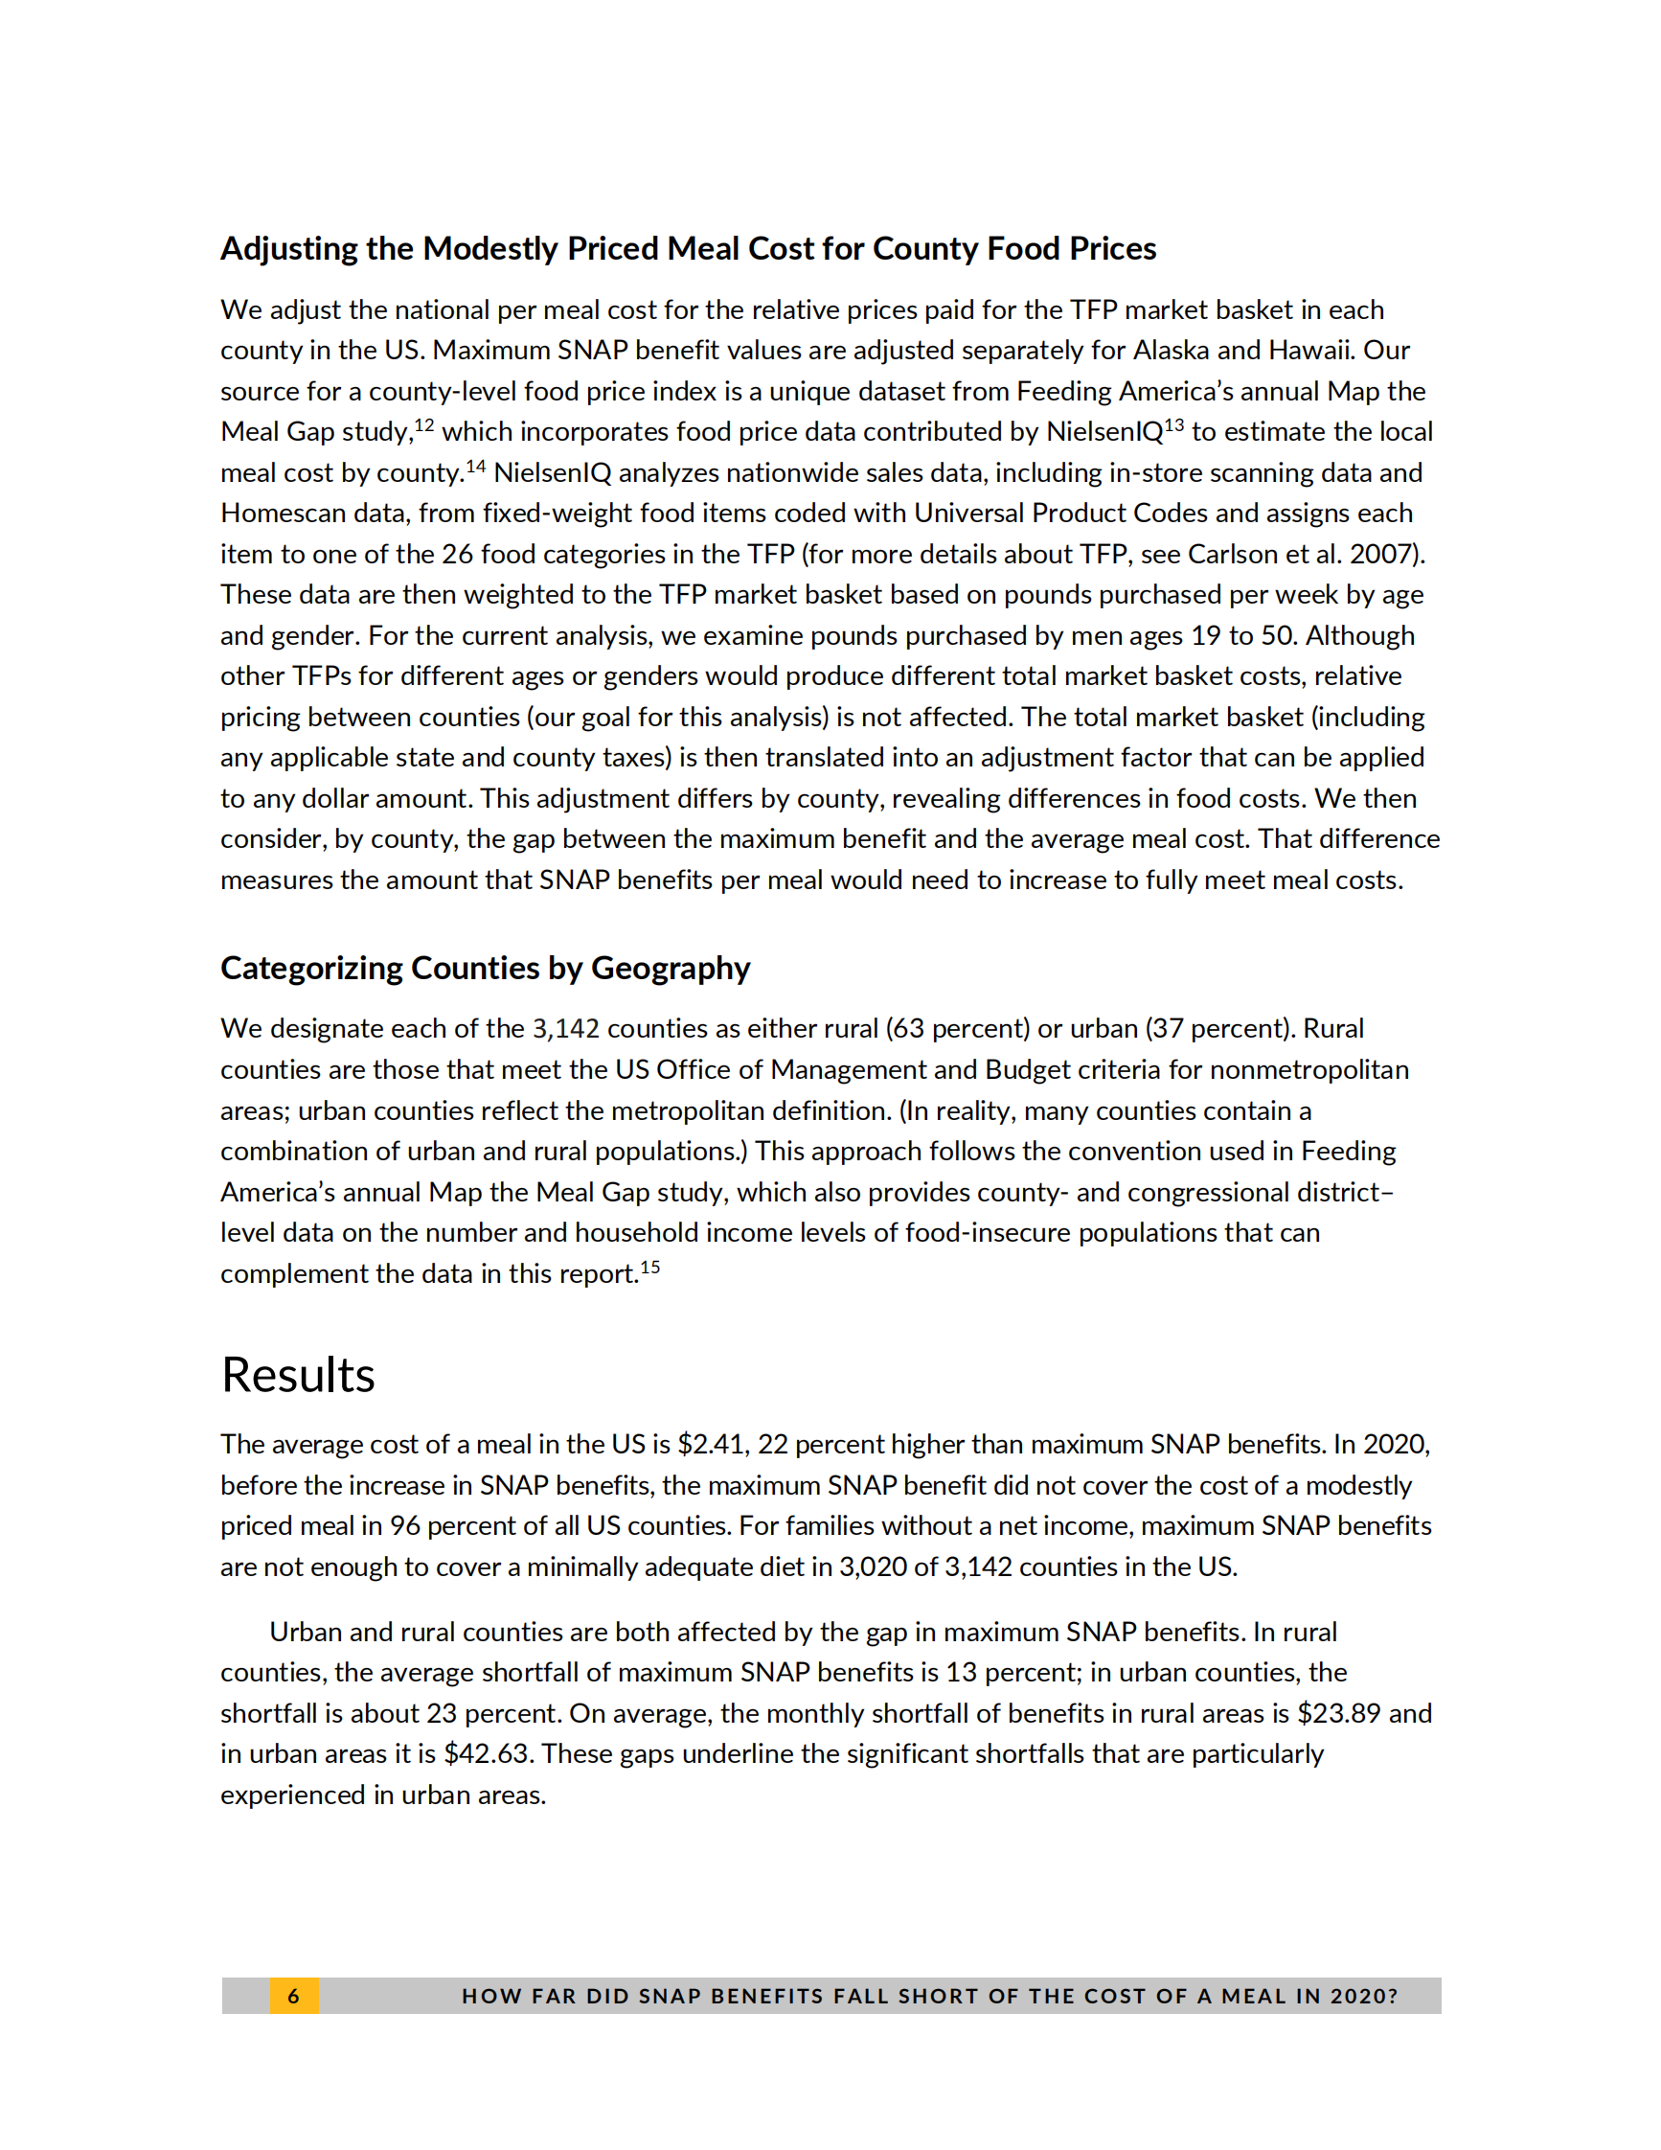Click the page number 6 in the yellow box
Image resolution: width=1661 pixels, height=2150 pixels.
[293, 1997]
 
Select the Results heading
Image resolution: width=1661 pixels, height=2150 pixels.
[298, 1374]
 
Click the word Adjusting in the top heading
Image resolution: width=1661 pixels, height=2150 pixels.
[289, 249]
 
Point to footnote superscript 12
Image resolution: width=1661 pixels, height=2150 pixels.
[424, 425]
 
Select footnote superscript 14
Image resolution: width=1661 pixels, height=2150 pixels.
[475, 466]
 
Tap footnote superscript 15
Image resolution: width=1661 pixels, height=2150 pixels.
[650, 1267]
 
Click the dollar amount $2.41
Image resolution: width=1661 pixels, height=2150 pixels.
[713, 1444]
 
